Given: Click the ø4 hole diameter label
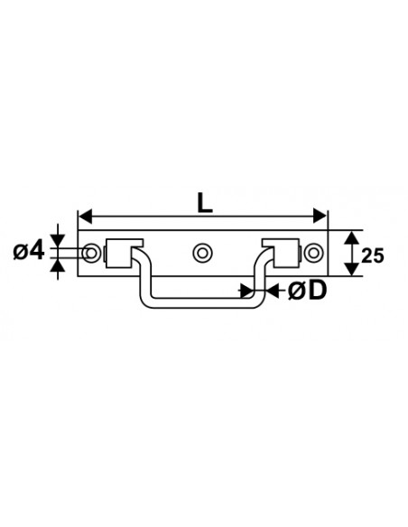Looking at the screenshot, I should point(30,250).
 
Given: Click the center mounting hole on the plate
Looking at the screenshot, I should point(204,252).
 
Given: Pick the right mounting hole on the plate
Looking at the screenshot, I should point(314,252).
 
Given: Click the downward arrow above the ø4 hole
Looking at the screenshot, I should point(57,239).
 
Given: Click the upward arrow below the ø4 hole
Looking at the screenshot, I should point(57,263).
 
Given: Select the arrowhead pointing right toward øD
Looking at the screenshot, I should point(246,291).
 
